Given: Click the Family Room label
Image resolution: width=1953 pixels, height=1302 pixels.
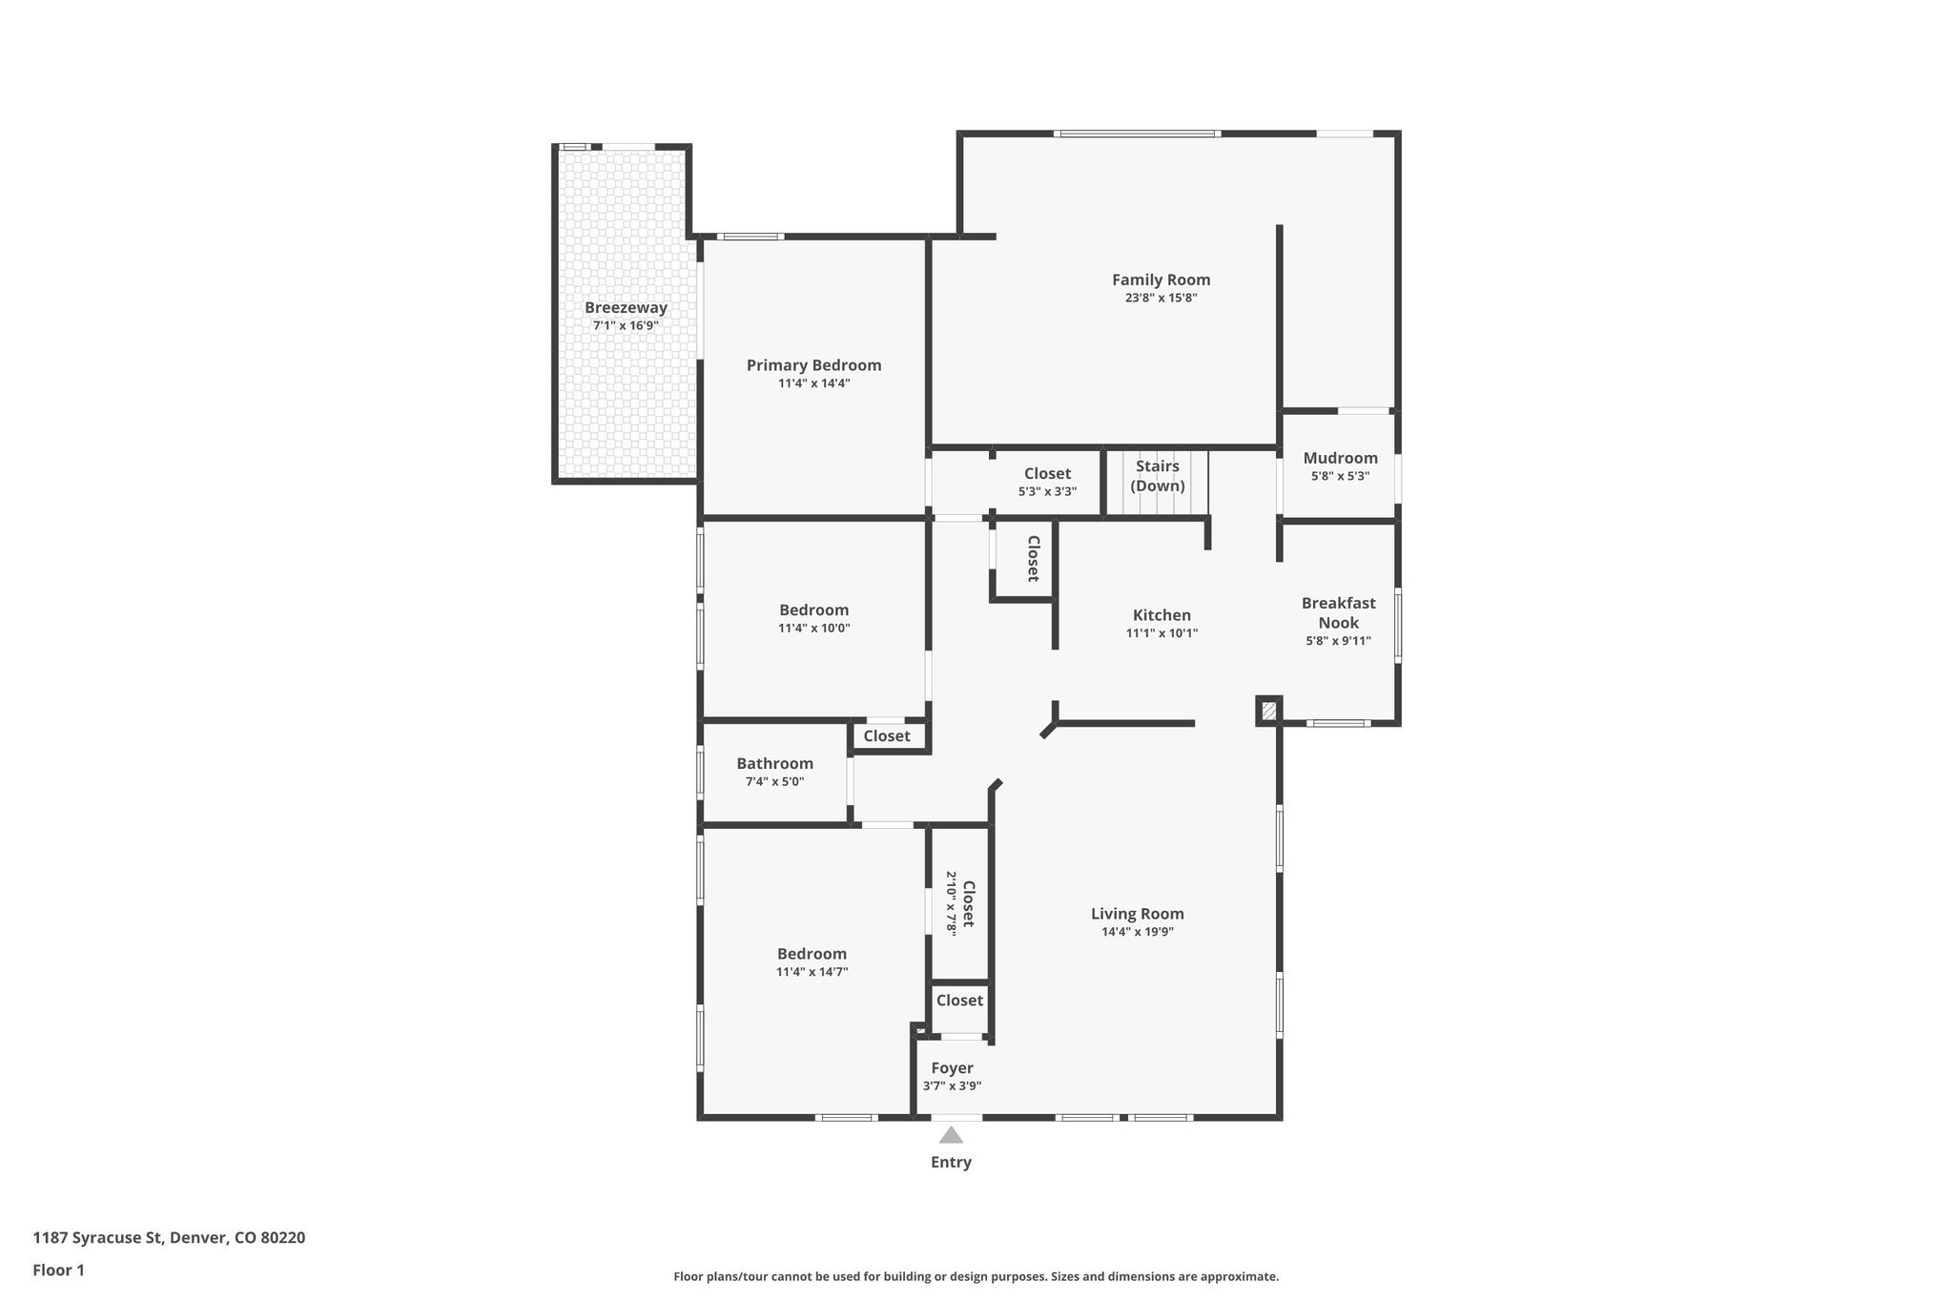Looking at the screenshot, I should click(1161, 279).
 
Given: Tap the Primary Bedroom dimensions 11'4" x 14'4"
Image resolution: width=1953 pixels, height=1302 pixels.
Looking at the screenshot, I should click(813, 383).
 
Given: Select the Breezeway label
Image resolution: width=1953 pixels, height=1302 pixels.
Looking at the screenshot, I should click(626, 307).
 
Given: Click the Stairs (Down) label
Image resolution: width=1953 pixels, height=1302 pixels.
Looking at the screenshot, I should click(1157, 475).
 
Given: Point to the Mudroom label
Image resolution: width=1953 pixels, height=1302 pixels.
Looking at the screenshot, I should click(1340, 458).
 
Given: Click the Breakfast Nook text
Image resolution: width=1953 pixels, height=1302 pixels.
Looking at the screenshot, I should click(1338, 612).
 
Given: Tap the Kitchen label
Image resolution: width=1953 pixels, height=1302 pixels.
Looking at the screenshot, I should click(1162, 615).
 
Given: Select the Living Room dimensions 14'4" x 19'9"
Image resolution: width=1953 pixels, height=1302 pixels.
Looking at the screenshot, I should click(1137, 932).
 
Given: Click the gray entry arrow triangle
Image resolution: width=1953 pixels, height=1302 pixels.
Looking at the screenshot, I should click(951, 1134).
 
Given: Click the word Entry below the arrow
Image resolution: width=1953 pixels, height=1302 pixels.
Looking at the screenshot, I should click(951, 1162).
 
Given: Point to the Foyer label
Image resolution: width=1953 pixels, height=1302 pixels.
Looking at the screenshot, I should click(952, 1068).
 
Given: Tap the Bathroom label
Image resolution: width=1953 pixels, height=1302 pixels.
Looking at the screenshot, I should click(774, 763).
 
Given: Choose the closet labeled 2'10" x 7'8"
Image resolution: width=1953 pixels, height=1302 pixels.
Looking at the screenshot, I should click(960, 902).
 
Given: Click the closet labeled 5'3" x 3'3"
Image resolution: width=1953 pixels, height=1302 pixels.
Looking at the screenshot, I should click(1047, 482).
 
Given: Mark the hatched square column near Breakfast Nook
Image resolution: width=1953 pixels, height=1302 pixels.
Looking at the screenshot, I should click(1268, 711).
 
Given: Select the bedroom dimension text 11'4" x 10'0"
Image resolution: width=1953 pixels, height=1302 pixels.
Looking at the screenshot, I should click(813, 629).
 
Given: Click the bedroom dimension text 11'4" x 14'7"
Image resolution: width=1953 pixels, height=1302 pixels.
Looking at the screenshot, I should click(812, 972).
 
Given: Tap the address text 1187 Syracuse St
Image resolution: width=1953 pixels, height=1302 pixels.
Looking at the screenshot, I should click(169, 1238).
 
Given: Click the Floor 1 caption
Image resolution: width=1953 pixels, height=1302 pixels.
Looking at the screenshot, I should click(58, 1270).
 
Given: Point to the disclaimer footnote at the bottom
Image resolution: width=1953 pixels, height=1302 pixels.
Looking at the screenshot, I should click(976, 1276).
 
